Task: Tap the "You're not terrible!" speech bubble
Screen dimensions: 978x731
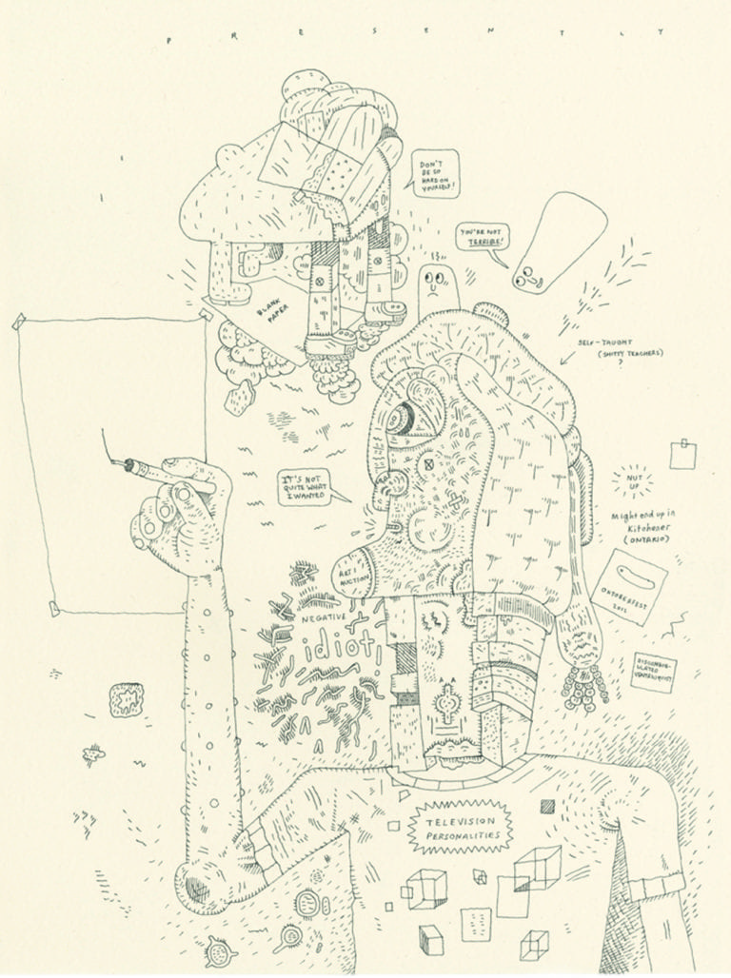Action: click(x=483, y=237)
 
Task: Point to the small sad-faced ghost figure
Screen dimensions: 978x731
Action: click(x=437, y=284)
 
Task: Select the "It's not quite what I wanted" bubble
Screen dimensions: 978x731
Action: click(x=304, y=484)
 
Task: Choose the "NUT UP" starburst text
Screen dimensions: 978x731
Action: click(x=631, y=480)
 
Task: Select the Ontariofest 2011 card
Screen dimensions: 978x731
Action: click(x=628, y=585)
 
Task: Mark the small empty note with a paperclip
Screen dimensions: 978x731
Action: click(x=682, y=454)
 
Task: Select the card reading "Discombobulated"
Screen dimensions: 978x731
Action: click(x=654, y=673)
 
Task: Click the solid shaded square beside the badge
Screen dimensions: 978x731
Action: click(x=547, y=806)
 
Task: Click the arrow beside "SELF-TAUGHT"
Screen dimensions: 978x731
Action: click(x=567, y=358)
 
